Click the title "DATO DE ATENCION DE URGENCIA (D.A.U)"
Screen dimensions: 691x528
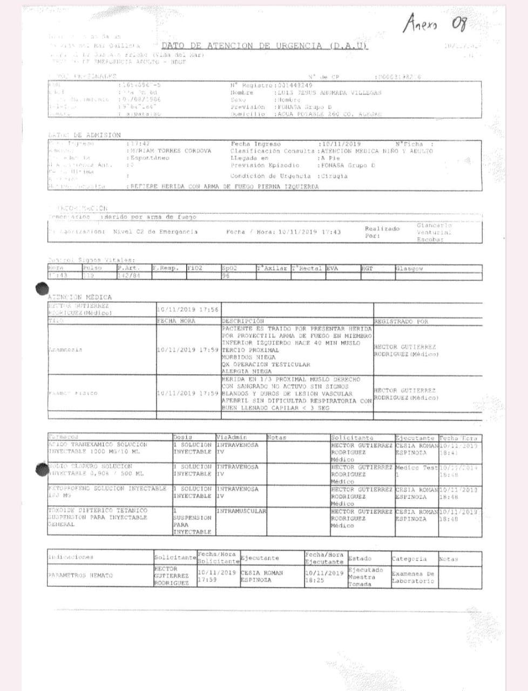point(265,46)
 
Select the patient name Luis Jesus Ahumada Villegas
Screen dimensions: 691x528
point(330,92)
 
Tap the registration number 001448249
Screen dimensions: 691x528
point(295,85)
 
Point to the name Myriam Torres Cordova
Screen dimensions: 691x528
point(171,151)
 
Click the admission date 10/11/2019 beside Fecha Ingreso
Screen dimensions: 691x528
point(340,144)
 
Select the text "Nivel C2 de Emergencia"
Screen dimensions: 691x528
point(155,232)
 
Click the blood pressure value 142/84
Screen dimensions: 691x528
point(129,275)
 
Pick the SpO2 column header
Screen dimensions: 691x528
point(229,268)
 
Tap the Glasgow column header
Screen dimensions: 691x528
point(410,268)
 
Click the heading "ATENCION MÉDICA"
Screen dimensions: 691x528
point(80,297)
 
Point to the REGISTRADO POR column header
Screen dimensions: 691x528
point(401,321)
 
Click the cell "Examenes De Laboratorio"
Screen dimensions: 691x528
point(413,577)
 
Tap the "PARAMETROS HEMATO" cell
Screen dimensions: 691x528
point(80,575)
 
